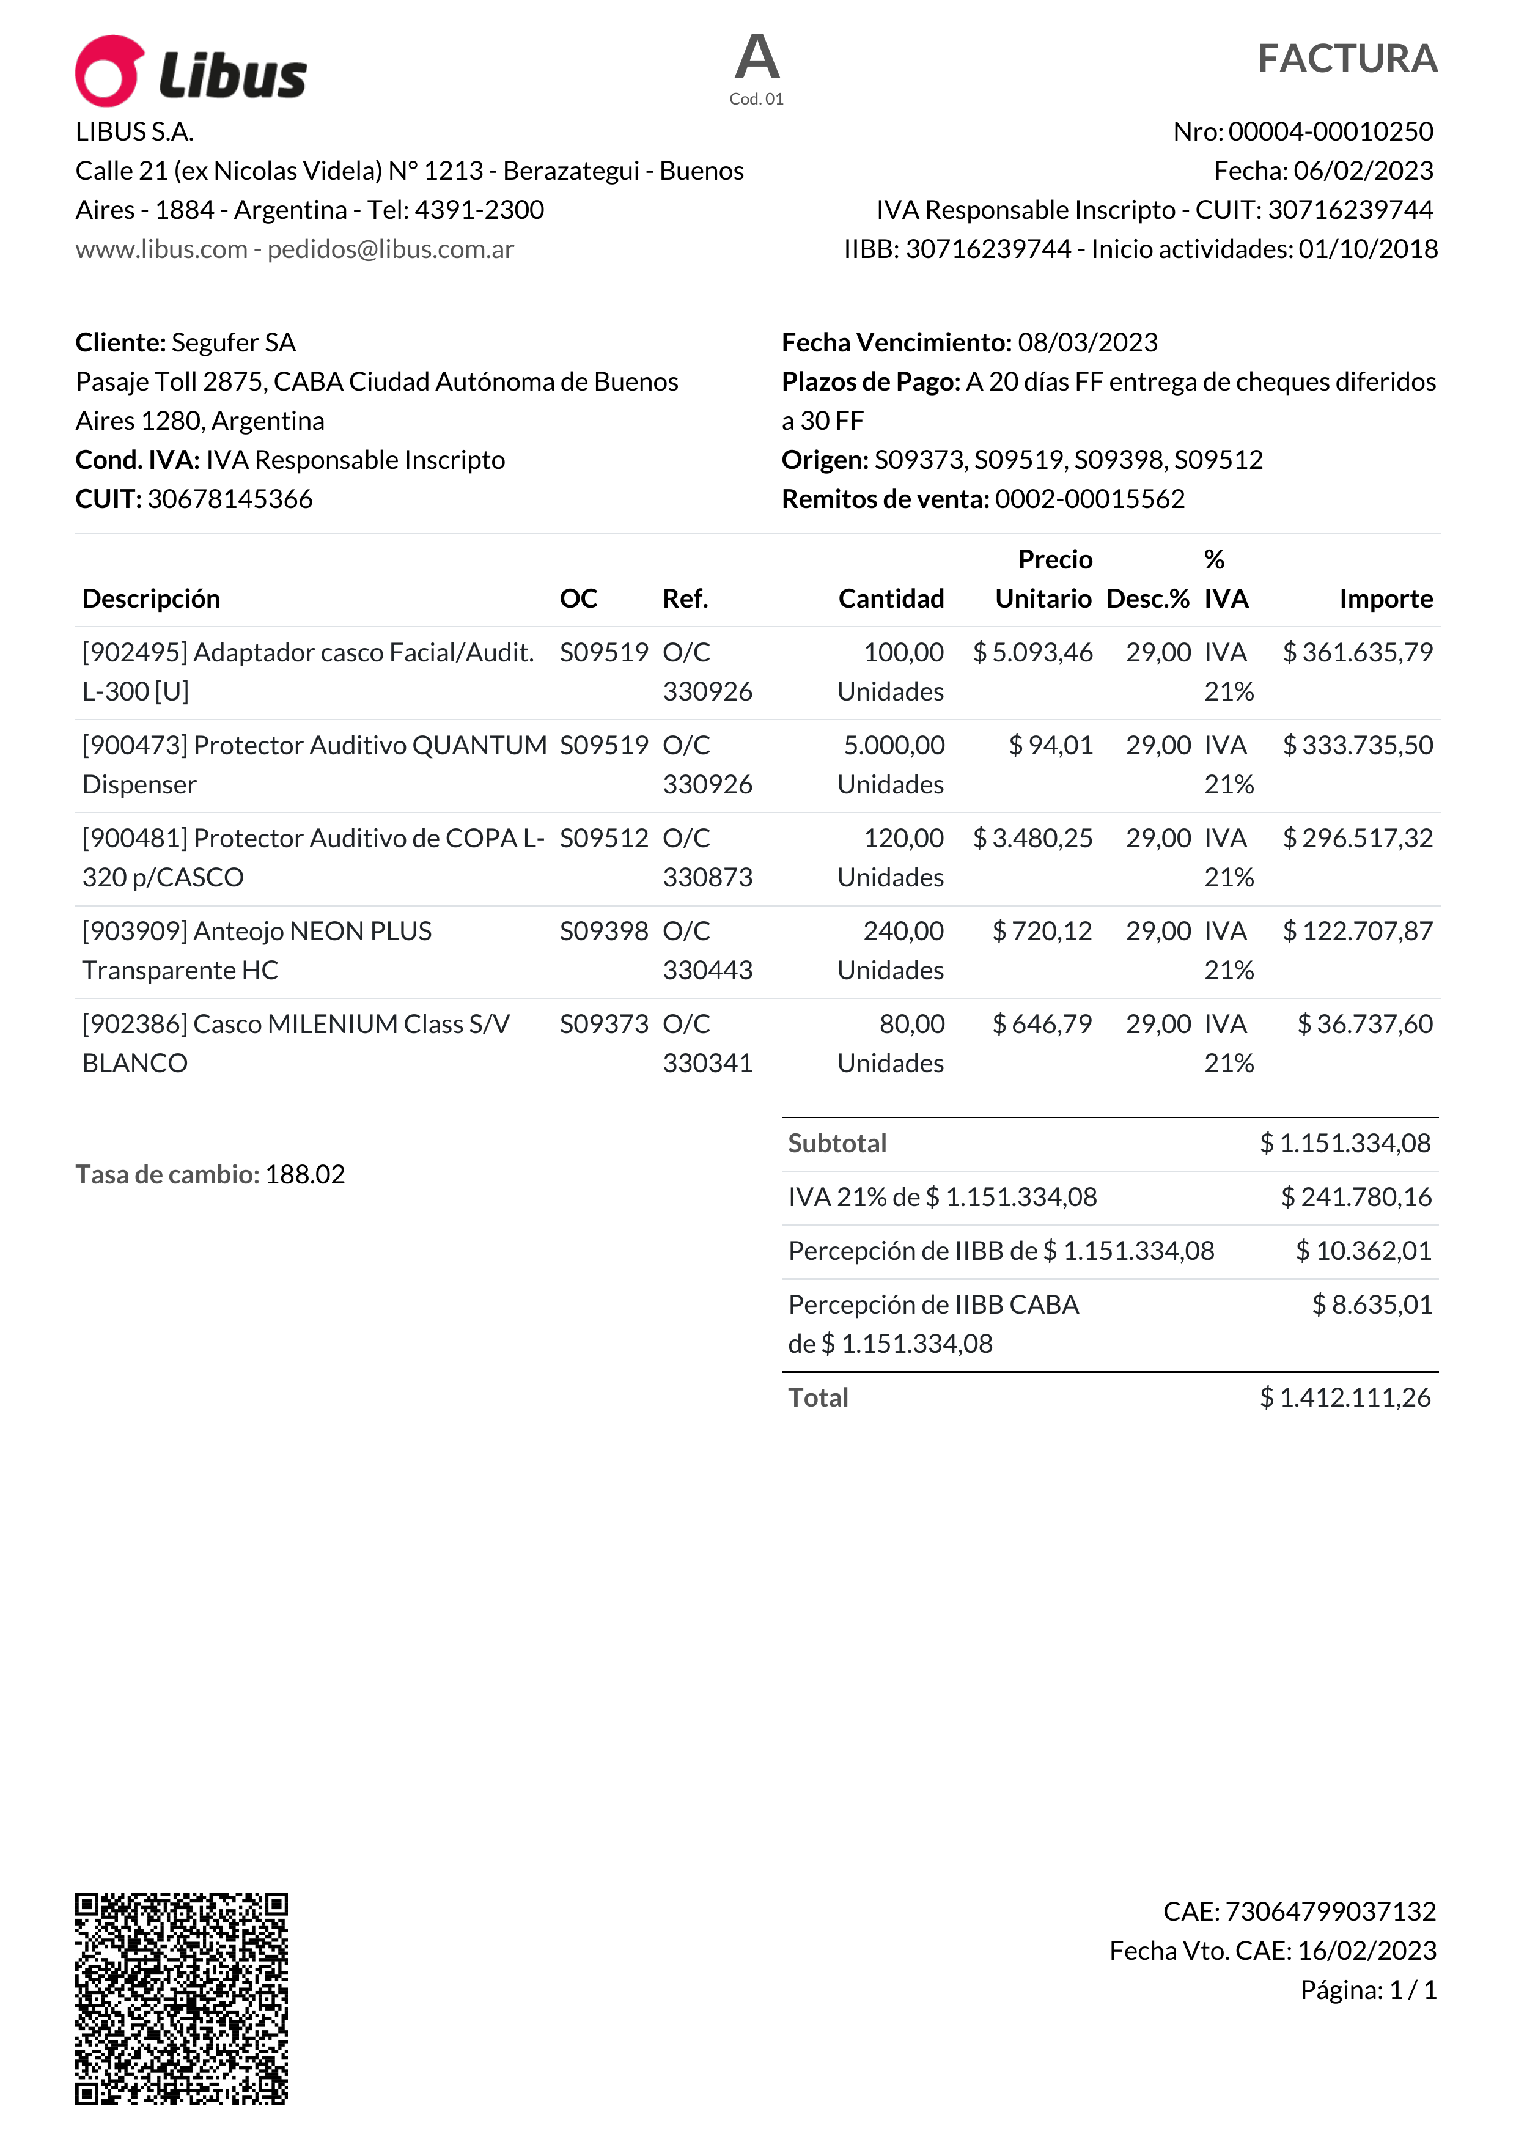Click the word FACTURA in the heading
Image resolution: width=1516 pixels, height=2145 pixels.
(x=1346, y=59)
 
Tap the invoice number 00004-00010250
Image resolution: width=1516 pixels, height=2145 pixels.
(x=1330, y=131)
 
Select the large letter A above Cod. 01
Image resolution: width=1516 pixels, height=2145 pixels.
(x=757, y=58)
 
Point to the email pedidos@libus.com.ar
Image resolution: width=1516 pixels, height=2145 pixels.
(x=391, y=249)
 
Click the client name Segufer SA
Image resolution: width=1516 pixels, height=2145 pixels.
(x=234, y=343)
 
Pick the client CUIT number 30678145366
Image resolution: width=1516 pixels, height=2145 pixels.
(x=230, y=499)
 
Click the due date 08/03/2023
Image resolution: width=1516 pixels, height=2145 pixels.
(x=1087, y=343)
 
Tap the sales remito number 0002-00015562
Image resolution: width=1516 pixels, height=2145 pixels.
(x=1089, y=499)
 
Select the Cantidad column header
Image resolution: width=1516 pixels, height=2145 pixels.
(x=891, y=599)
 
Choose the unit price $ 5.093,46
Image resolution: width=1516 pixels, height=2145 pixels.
(x=1032, y=652)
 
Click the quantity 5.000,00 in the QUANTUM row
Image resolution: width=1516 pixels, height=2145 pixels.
(x=894, y=746)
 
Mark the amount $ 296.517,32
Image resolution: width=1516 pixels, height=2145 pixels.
(x=1357, y=838)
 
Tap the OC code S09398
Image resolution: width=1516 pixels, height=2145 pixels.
(x=603, y=932)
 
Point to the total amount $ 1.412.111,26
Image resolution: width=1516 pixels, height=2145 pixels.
(x=1345, y=1397)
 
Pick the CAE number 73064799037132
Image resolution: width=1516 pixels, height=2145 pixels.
(x=1330, y=1911)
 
